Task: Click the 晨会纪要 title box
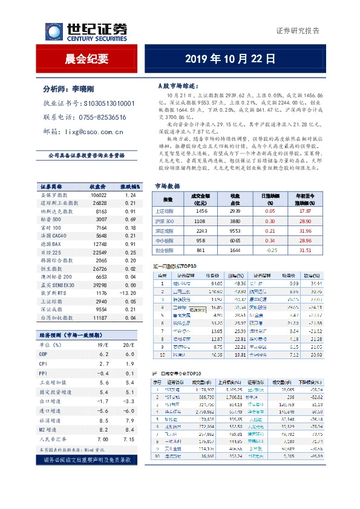[87, 59]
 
